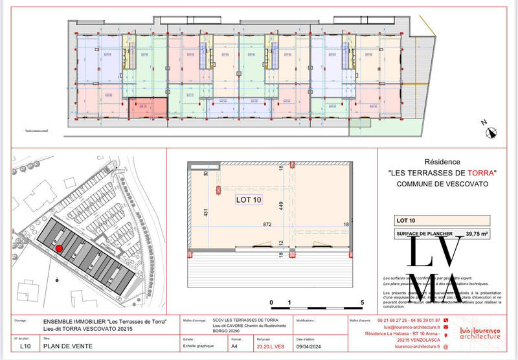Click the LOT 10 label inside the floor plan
[x=248, y=200]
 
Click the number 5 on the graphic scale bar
[x=362, y=302]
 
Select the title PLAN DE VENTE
[x=67, y=346]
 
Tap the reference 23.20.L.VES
[x=272, y=346]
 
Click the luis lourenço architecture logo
[x=479, y=333]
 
